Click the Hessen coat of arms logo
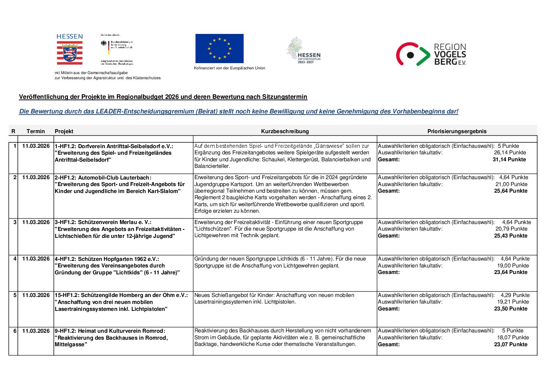click(x=69, y=53)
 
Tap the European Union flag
click(x=219, y=49)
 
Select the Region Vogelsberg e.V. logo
click(x=431, y=54)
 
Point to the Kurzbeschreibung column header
click(x=285, y=131)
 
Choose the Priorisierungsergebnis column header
click(x=457, y=131)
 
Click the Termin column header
click(x=36, y=131)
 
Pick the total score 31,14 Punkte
click(x=509, y=159)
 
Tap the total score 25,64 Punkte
click(x=511, y=191)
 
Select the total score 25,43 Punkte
click(x=511, y=236)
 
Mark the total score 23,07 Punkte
click(x=511, y=344)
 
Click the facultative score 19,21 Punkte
click(x=513, y=302)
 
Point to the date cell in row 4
click(x=36, y=259)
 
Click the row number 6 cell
click(x=15, y=331)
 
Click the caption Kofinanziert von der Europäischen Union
click(x=229, y=68)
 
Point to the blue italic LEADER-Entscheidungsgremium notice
click(x=239, y=112)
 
